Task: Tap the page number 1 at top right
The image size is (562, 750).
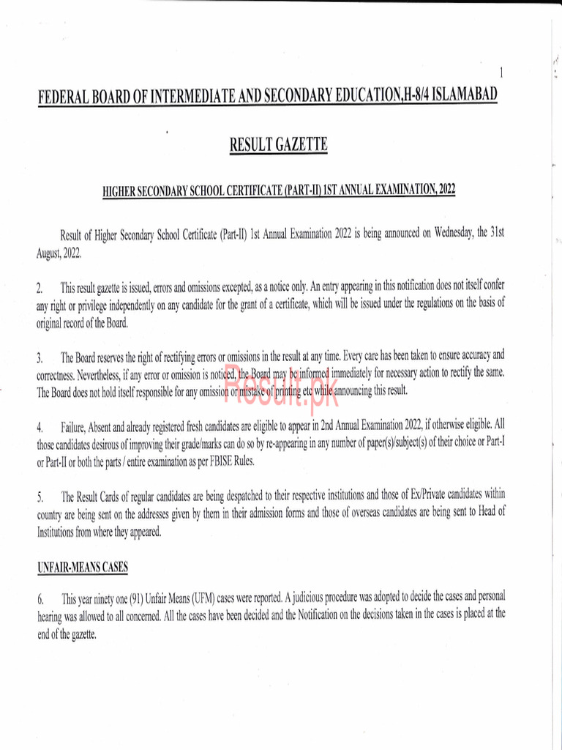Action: (501, 73)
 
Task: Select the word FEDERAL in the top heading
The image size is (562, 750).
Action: (67, 98)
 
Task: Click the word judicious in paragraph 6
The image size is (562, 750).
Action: (317, 598)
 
